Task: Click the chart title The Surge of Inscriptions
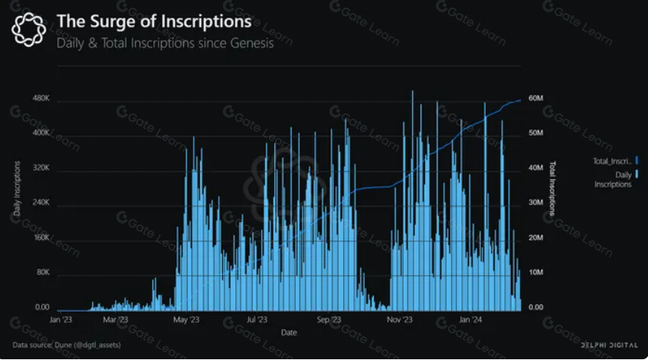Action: pos(153,21)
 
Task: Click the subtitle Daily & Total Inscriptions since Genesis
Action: pos(165,43)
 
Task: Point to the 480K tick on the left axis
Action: pos(40,100)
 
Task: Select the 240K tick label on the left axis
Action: pos(40,203)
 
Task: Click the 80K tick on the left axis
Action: pos(41,273)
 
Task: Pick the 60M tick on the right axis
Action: pos(535,99)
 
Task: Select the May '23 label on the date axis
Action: pos(185,319)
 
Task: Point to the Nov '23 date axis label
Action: pos(399,319)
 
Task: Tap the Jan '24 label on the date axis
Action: pos(470,319)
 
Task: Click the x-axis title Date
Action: pos(289,332)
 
